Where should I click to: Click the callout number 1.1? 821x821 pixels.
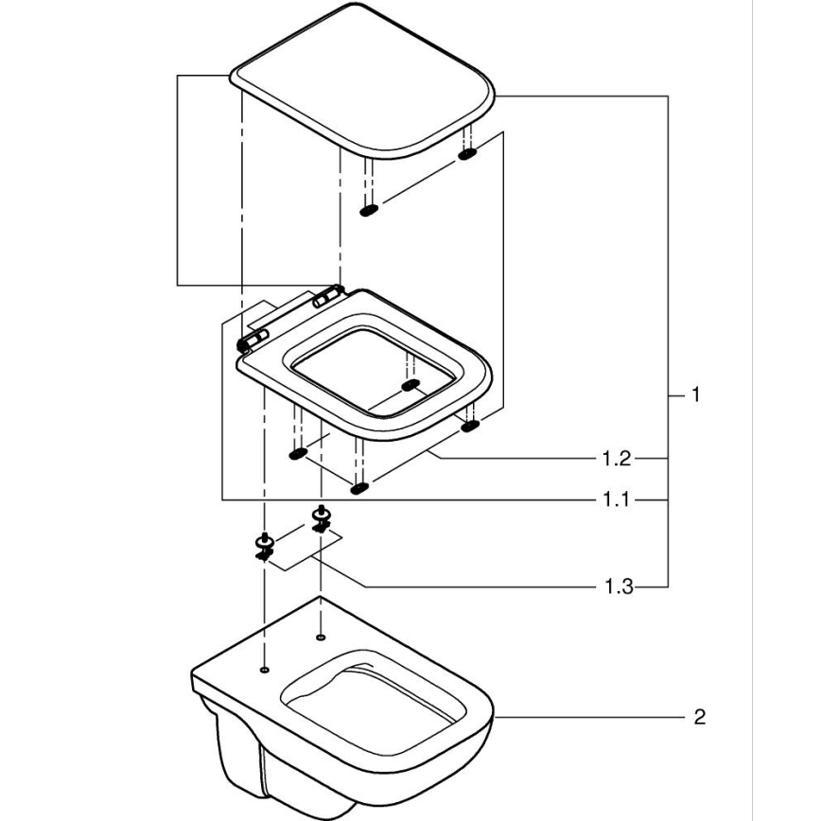(x=617, y=500)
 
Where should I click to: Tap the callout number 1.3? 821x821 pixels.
(x=617, y=588)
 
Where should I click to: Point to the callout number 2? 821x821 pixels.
(x=699, y=718)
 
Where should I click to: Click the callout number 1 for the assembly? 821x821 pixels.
(x=695, y=394)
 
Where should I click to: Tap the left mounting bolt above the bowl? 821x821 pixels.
(x=263, y=546)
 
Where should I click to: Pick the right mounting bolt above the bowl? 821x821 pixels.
(x=322, y=519)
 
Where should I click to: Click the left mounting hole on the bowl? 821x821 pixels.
(x=264, y=671)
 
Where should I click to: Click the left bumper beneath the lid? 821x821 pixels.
(x=370, y=209)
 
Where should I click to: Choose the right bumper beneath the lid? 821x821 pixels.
(x=467, y=153)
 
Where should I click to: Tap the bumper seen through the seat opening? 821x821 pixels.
(x=410, y=385)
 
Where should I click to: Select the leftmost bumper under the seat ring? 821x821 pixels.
(x=298, y=455)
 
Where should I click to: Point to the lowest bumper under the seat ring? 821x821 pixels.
(x=358, y=488)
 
